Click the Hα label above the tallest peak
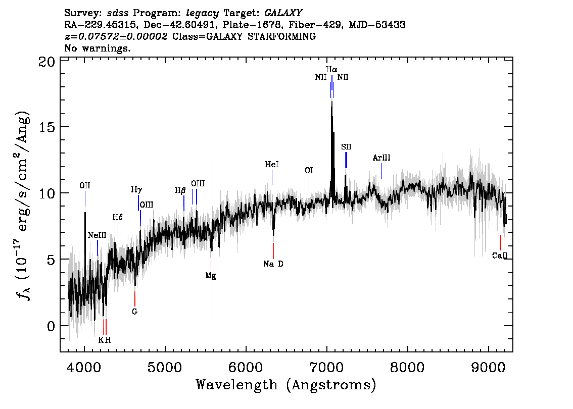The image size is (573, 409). tap(331, 69)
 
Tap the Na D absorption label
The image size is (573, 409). tap(273, 264)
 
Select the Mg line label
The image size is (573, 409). tap(211, 276)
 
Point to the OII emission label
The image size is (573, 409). tap(85, 186)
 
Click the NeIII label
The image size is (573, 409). tap(97, 235)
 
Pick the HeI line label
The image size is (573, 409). tap(272, 165)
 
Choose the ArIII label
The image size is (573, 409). tap(381, 158)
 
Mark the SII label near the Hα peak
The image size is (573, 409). tap(346, 147)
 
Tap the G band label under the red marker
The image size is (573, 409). tap(134, 312)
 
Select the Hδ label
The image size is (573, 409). tap(117, 218)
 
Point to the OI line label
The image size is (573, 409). tap(309, 171)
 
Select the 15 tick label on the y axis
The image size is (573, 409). tap(47, 127)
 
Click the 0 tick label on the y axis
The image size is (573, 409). tap(51, 326)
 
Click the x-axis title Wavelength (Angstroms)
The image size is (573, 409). tap(286, 385)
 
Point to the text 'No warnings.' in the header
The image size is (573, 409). tap(98, 48)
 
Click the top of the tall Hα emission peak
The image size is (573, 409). tap(331, 101)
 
